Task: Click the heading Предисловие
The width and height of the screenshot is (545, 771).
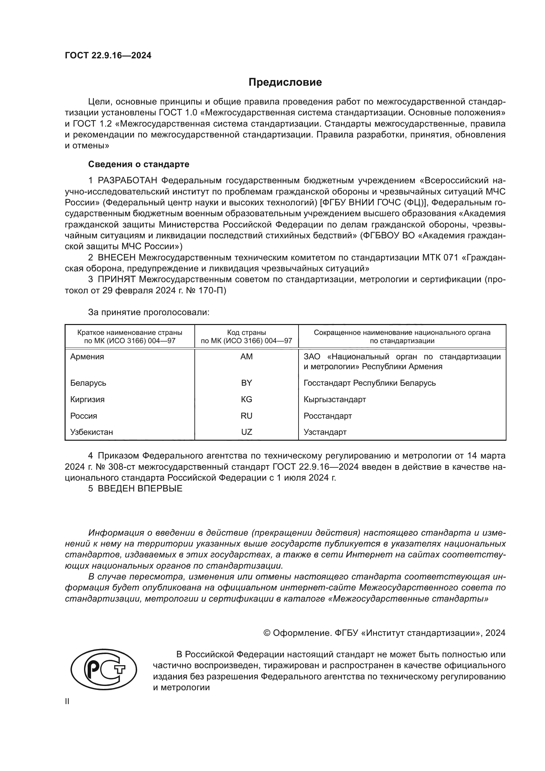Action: point(285,82)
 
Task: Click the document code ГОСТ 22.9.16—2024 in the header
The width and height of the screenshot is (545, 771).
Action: point(108,56)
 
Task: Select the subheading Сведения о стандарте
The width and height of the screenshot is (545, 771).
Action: point(139,164)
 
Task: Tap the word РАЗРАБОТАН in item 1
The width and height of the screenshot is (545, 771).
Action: point(127,181)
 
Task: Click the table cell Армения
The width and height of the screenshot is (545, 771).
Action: point(87,357)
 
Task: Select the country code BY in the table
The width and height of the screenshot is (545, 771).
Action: point(246,383)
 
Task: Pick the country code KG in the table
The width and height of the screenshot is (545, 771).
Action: point(246,399)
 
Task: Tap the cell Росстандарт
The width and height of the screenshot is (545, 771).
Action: point(328,416)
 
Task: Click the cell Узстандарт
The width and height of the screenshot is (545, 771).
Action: point(325,432)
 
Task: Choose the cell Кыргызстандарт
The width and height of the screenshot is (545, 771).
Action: point(334,399)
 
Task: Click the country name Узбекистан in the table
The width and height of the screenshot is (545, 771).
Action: point(91,432)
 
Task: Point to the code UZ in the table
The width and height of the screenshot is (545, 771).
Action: point(246,432)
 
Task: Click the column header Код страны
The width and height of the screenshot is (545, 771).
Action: point(246,333)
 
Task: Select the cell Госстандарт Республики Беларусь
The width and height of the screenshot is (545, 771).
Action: point(369,383)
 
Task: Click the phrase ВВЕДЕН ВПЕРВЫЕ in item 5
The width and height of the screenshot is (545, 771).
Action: point(140,489)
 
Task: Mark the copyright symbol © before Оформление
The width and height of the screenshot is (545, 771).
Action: point(267,633)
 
